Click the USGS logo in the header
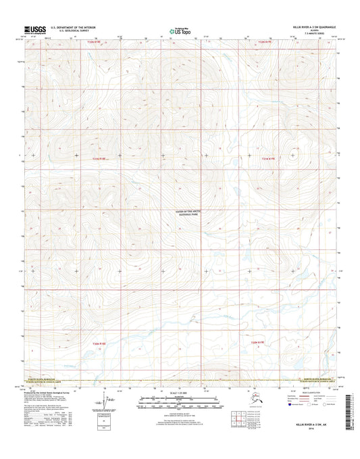pyautogui.click(x=36, y=29)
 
